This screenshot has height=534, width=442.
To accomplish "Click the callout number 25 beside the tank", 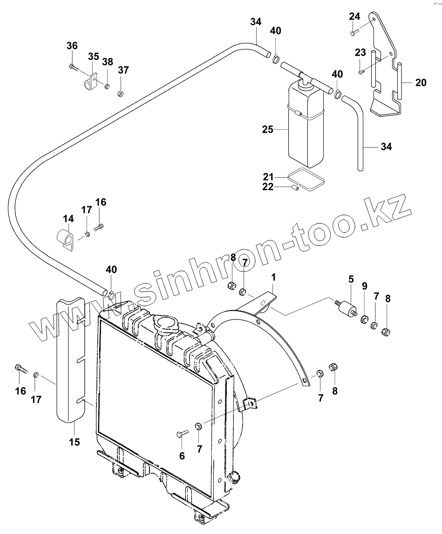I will (x=267, y=130).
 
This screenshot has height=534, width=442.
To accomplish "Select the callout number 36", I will (x=72, y=46).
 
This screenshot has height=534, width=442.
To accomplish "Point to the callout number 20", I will (x=421, y=83).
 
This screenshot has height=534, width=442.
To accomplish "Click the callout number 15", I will (x=74, y=441).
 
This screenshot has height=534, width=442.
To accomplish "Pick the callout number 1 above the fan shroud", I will (x=274, y=277).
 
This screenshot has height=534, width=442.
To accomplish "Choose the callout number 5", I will (x=350, y=279).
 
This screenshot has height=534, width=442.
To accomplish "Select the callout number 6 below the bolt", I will (x=182, y=456).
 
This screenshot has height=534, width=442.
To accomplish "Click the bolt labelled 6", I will (x=181, y=435).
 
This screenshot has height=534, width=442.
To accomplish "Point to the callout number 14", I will (x=68, y=218).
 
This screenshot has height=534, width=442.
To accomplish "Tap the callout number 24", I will (x=354, y=16).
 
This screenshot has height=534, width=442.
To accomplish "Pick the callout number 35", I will (x=94, y=56).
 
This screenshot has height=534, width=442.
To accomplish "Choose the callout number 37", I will (x=123, y=70).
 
